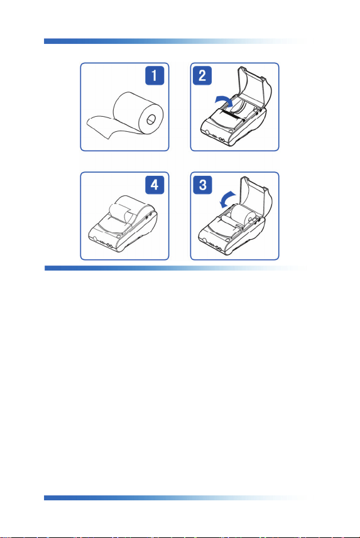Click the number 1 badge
[155, 75]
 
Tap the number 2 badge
[202, 75]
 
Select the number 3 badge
[202, 185]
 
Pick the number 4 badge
[155, 185]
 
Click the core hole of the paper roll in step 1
[151, 120]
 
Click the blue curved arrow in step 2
[224, 100]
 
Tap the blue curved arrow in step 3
[227, 200]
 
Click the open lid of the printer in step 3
[256, 196]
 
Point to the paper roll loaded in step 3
[243, 215]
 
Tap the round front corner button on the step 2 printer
[207, 133]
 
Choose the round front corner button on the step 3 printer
[205, 241]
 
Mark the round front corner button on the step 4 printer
[95, 239]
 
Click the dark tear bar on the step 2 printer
[232, 116]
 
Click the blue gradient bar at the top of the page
[175, 41]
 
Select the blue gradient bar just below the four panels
[176, 268]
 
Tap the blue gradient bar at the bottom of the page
[175, 498]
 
